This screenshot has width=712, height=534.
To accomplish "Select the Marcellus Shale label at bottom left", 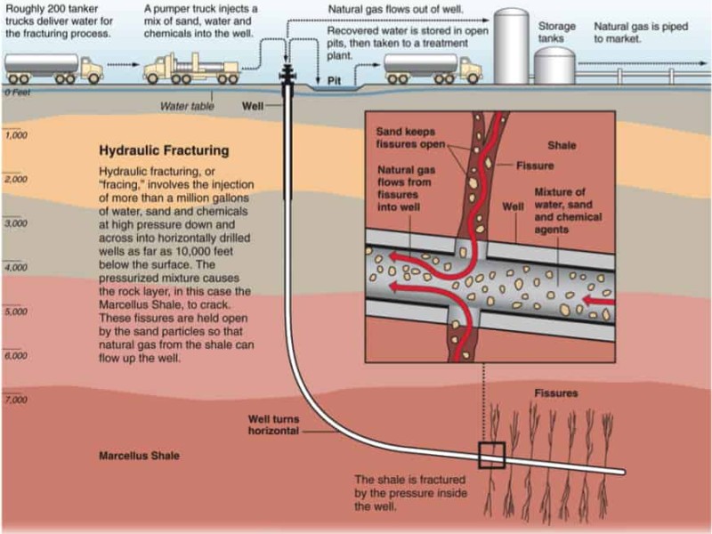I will point(138,456).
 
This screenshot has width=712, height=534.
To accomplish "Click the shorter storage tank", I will point(555,66).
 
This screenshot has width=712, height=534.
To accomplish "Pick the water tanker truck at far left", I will point(53,66).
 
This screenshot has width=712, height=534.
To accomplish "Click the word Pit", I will point(335,79).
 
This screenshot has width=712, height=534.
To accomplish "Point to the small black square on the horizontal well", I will point(491,455).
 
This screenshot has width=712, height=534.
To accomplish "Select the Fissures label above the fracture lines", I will point(556,392).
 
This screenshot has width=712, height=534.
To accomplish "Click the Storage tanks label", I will point(556,33).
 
